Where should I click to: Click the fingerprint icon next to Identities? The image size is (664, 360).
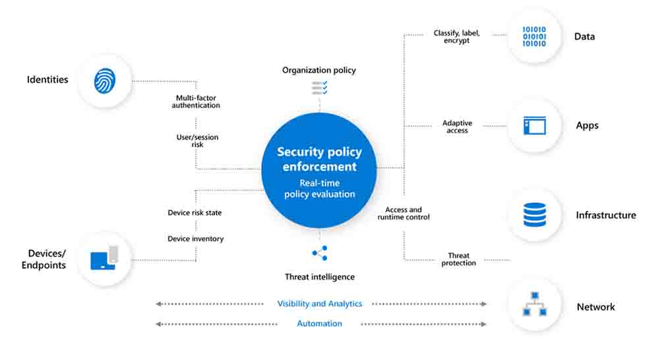click(104, 80)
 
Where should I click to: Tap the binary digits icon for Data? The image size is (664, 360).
click(534, 36)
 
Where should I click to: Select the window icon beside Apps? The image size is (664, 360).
click(534, 125)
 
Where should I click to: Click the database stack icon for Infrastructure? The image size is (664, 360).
click(534, 215)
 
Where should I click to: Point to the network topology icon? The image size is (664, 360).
click(534, 305)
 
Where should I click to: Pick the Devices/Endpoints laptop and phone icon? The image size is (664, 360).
click(104, 258)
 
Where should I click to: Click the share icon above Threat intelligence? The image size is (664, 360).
click(319, 253)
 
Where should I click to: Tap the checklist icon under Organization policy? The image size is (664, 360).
click(319, 87)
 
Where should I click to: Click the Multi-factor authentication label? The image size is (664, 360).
click(196, 102)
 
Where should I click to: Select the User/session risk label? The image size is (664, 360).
click(196, 140)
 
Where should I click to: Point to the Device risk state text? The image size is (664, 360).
click(195, 213)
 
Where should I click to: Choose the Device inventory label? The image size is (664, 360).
click(195, 239)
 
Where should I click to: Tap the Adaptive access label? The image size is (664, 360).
click(457, 127)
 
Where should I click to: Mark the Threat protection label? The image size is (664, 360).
click(458, 259)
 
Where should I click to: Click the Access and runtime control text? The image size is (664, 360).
click(403, 214)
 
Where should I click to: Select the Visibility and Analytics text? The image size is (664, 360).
click(319, 304)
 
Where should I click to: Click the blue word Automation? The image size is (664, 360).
click(319, 324)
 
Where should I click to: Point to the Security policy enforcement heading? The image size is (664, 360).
click(319, 159)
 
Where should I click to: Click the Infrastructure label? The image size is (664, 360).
click(605, 215)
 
